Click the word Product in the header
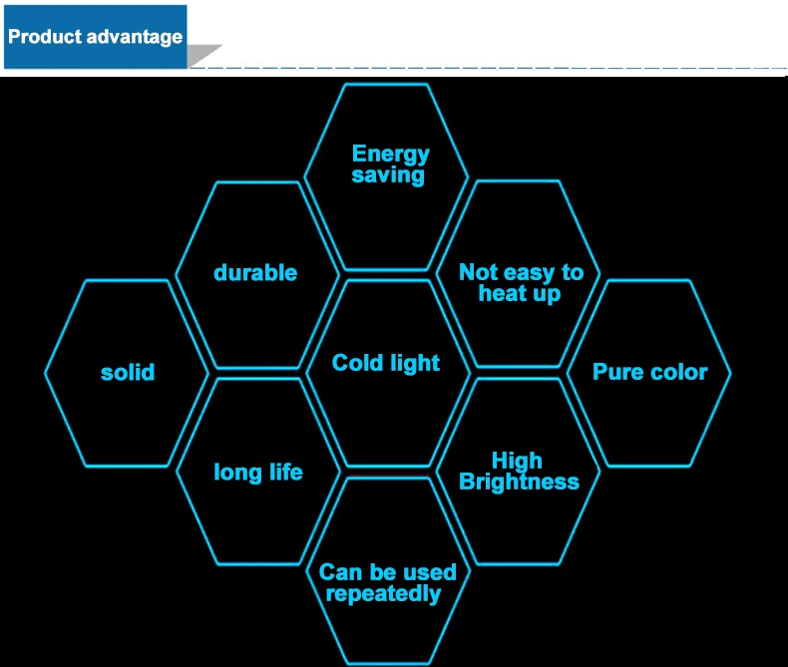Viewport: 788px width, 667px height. click(44, 37)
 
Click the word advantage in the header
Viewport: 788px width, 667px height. click(135, 38)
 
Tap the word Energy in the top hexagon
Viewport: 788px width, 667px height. click(390, 154)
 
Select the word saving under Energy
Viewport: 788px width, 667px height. click(388, 175)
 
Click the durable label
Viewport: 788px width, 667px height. click(255, 272)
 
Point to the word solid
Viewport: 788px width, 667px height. click(128, 372)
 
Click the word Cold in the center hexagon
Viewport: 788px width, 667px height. click(357, 363)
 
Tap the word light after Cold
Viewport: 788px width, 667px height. click(413, 363)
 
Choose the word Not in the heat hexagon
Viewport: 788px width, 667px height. click(479, 272)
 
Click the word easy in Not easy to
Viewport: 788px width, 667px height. click(530, 272)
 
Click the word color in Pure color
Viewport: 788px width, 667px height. click(678, 372)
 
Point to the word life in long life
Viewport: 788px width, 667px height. click(284, 472)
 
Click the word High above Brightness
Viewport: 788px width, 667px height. click(517, 461)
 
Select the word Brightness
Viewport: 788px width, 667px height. click(519, 482)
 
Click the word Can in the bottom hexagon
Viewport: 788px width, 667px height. click(341, 572)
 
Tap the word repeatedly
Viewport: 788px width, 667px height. click(383, 594)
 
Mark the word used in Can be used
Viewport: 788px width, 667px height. click(430, 572)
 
